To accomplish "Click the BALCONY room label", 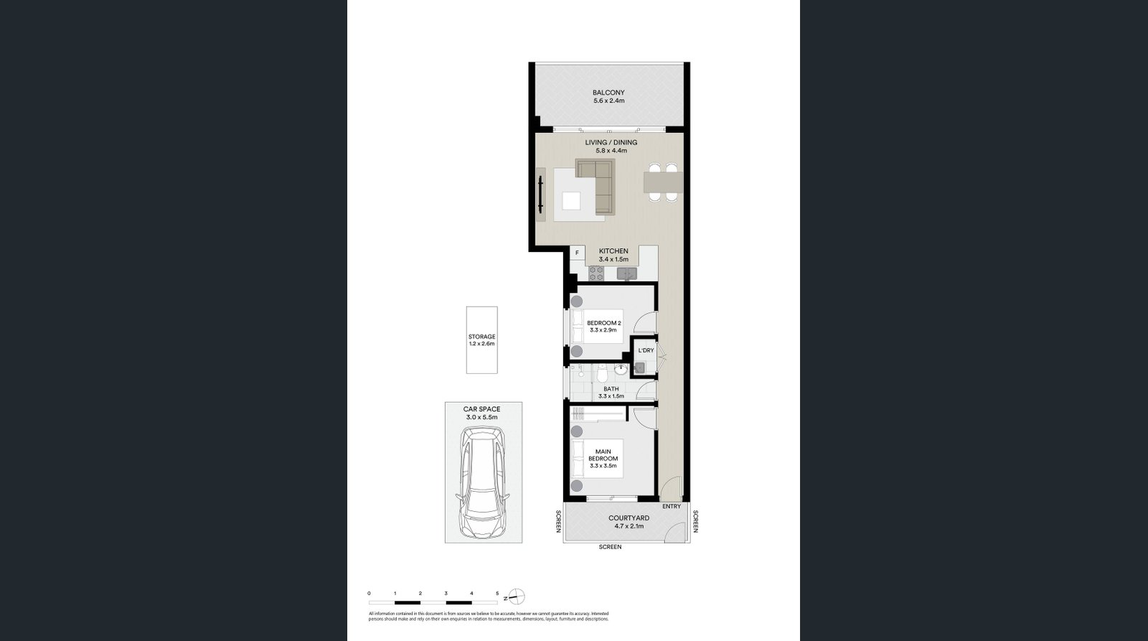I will (x=608, y=93).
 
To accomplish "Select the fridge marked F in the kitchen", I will (x=577, y=253).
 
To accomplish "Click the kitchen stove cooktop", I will (x=596, y=273).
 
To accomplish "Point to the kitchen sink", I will (x=626, y=273).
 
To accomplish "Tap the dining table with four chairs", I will (x=662, y=183).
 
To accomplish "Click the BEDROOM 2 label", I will (x=603, y=323).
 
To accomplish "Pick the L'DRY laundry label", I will (x=646, y=350).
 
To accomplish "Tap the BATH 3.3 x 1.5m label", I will (x=611, y=393).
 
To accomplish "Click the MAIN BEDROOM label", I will (x=603, y=455).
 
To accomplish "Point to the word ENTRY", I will (x=671, y=507).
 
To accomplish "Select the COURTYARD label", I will (x=629, y=518).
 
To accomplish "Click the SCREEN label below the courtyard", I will (x=610, y=547).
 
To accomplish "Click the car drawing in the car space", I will (x=482, y=482).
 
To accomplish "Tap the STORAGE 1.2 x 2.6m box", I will (x=481, y=340).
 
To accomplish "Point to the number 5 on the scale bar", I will (x=497, y=594).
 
